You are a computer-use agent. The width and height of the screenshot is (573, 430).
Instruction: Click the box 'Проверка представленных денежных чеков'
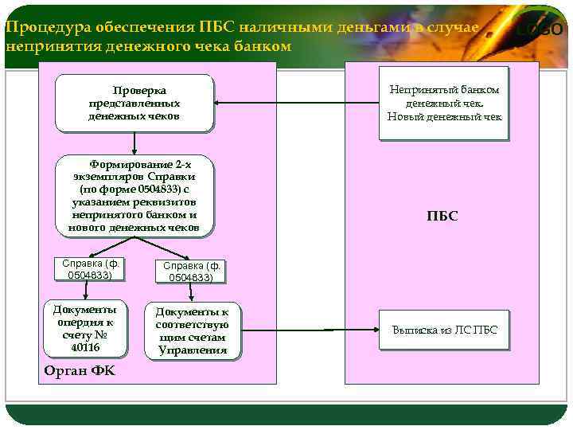click(x=134, y=103)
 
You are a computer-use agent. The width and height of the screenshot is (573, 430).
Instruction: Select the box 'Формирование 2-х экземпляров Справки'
click(x=135, y=196)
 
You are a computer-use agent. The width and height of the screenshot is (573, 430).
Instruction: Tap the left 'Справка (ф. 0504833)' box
click(x=94, y=269)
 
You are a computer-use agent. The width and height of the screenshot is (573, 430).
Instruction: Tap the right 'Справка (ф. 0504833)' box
click(x=191, y=272)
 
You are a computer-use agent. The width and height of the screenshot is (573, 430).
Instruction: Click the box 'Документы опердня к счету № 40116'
click(x=84, y=328)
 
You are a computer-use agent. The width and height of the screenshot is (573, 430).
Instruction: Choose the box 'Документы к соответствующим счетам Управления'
click(x=192, y=330)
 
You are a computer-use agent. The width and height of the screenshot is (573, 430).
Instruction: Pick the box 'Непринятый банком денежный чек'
click(x=444, y=104)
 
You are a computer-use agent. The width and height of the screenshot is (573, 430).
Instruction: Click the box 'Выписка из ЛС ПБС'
click(x=444, y=330)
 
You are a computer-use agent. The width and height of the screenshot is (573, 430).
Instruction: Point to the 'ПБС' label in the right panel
click(x=442, y=216)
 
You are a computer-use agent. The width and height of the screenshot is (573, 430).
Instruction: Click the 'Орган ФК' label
click(x=80, y=371)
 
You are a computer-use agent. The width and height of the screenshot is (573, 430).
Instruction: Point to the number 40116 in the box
click(x=84, y=347)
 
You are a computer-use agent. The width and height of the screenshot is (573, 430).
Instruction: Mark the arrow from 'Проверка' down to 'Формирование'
click(x=134, y=143)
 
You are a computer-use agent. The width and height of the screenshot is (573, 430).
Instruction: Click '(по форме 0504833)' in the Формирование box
click(x=134, y=190)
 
